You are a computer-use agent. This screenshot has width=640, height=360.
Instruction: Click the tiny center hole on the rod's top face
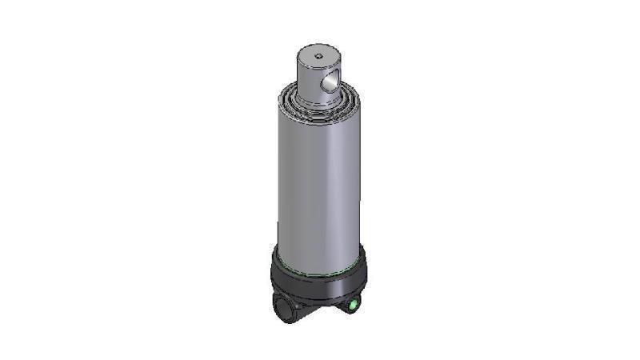(318, 56)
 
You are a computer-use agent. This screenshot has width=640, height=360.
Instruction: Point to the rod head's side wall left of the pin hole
(307, 84)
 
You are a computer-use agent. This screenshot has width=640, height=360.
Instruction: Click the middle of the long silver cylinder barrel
(316, 184)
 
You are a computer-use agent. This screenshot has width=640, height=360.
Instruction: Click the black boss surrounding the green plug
(355, 301)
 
